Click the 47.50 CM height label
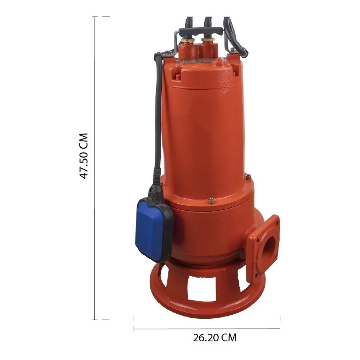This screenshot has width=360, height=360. tap(83, 156)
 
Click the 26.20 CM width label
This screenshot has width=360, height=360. tap(215, 338)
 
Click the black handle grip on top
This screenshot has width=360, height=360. tap(201, 31)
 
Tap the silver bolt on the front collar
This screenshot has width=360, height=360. tap(211, 201)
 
